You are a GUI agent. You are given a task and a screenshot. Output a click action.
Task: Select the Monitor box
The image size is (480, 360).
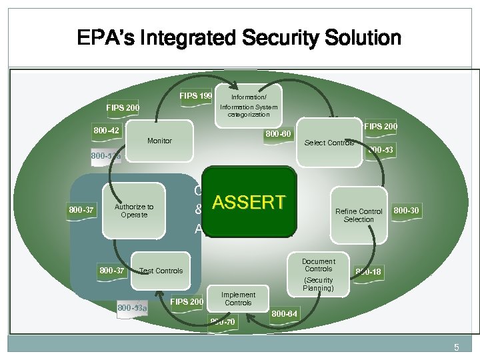[x=159, y=141]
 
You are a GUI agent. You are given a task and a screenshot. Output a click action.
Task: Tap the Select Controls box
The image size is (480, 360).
[x=329, y=142]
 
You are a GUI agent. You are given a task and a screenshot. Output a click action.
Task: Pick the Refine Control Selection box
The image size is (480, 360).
[x=359, y=215]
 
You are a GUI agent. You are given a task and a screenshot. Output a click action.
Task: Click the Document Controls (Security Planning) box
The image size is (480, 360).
[x=318, y=274]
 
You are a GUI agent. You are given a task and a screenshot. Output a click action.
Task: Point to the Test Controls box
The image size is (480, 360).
[x=161, y=271]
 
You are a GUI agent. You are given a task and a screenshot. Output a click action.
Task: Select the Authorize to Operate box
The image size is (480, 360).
[x=134, y=211]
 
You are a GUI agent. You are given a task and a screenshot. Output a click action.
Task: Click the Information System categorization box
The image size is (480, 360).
[x=249, y=105]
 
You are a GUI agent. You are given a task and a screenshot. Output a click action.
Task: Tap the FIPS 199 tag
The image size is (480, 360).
[x=196, y=96]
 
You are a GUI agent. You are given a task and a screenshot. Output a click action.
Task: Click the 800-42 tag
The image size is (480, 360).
[x=105, y=130]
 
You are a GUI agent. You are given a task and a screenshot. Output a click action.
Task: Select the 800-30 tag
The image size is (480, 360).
[x=406, y=210]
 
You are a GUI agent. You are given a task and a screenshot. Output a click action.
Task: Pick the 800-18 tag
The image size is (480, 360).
[x=368, y=271]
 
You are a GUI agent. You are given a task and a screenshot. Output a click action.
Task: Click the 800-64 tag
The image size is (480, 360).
[x=285, y=313]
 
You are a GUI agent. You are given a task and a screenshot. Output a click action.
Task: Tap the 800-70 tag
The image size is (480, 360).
[x=222, y=322]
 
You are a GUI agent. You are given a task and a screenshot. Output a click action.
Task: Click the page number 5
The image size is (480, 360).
[x=457, y=347]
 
